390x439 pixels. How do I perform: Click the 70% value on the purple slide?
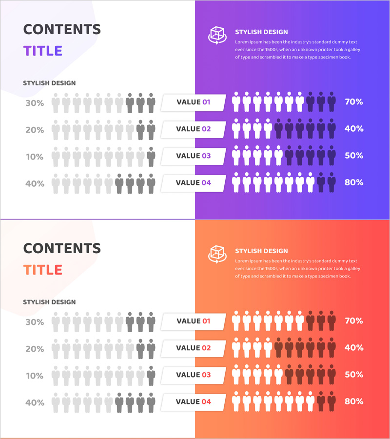pos(353,102)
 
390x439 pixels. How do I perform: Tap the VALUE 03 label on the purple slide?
pos(194,156)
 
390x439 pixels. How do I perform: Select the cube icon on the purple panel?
pos(217,35)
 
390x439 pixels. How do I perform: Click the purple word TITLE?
pos(43,51)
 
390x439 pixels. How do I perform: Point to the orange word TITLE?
pos(43,270)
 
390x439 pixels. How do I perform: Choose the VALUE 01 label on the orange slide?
pos(194,321)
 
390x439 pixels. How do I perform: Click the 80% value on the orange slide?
pos(353,401)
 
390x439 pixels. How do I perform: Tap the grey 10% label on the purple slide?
pos(35,157)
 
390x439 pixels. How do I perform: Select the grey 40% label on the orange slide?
pos(35,403)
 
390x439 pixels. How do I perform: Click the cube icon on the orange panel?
pos(217,254)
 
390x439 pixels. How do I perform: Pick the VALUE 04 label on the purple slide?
pos(194,183)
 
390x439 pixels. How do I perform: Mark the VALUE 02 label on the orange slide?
pos(194,348)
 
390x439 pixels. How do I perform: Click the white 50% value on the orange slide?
pos(353,375)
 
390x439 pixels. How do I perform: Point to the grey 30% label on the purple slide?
pos(35,103)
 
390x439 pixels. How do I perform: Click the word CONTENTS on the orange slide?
pos(62,248)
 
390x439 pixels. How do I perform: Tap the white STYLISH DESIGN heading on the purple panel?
pos(261,32)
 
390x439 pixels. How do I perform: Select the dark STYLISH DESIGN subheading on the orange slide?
pos(49,302)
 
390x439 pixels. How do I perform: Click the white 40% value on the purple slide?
pos(353,129)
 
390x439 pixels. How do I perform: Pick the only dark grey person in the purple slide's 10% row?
pos(151,156)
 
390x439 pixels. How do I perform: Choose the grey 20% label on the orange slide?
pos(35,349)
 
